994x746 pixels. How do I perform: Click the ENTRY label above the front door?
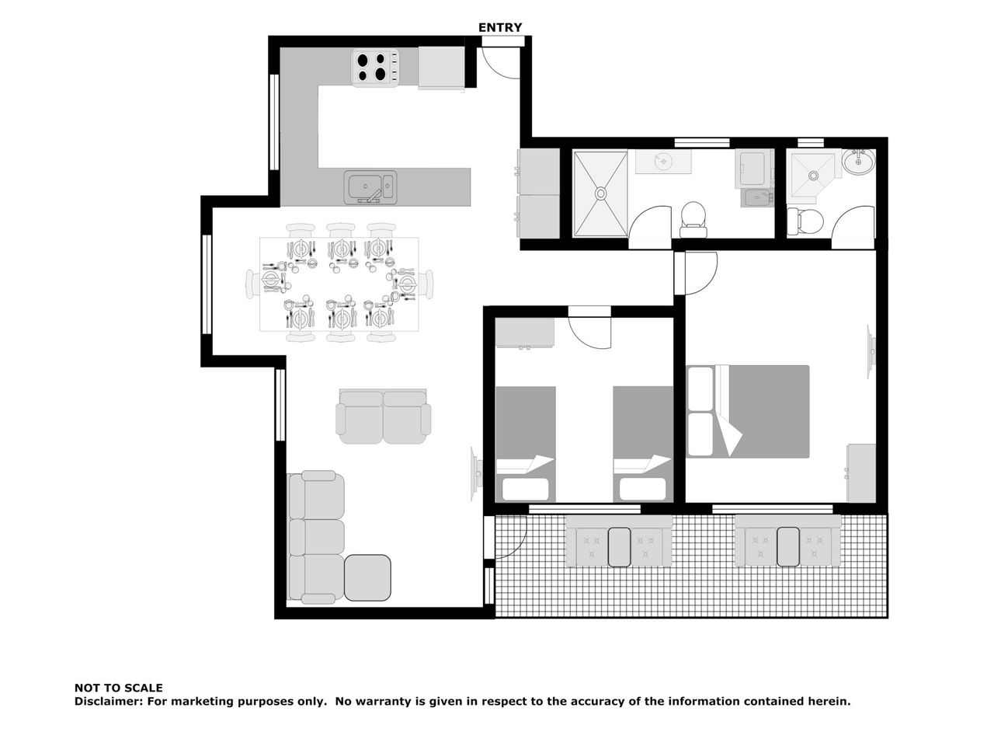click(x=499, y=28)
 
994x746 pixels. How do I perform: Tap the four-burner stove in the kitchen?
click(x=375, y=67)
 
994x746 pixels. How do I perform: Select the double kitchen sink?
click(x=370, y=186)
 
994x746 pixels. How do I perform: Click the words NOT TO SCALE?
click(x=118, y=688)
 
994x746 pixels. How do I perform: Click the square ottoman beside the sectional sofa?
click(x=367, y=577)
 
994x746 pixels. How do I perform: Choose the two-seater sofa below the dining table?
click(x=383, y=417)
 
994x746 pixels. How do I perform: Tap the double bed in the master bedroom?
click(x=748, y=411)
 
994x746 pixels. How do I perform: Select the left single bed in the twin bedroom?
click(x=525, y=444)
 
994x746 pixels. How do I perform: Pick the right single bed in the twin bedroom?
click(x=642, y=444)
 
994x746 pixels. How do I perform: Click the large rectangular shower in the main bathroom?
click(x=600, y=193)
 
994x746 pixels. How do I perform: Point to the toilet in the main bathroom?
click(x=693, y=220)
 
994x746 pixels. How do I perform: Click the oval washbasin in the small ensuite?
click(x=859, y=162)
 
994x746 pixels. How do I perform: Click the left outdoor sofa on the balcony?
click(x=619, y=542)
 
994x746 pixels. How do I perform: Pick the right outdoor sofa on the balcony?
click(x=787, y=541)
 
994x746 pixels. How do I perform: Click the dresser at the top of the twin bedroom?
click(x=525, y=333)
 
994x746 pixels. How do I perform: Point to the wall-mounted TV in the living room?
click(x=475, y=474)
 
